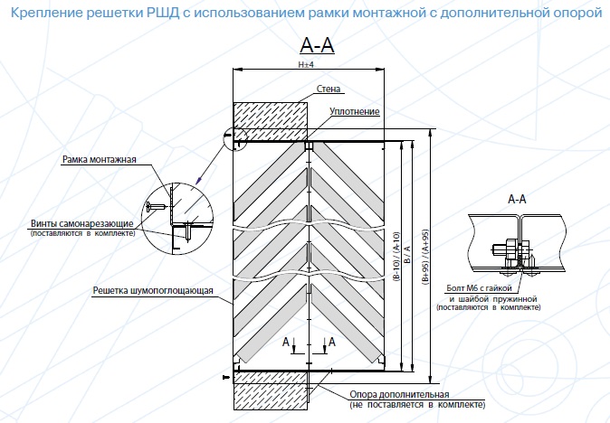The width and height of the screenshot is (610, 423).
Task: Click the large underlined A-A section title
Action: [317, 45]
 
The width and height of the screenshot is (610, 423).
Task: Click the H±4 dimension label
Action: [306, 64]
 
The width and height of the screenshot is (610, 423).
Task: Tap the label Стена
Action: [329, 89]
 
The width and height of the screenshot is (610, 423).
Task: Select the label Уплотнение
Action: [355, 112]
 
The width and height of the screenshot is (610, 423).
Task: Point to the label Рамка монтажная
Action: [100, 160]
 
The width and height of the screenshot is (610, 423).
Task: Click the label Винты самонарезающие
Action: [82, 224]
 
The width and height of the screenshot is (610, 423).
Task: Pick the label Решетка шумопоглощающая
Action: [153, 290]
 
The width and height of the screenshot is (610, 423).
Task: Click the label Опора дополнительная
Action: [399, 395]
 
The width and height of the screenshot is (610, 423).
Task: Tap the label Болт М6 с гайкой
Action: [479, 288]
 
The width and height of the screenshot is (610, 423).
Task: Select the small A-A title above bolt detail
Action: [517, 199]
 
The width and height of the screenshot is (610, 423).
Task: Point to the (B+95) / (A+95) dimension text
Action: [426, 257]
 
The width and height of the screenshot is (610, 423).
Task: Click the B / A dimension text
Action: [407, 254]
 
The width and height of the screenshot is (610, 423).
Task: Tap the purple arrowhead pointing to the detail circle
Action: [199, 180]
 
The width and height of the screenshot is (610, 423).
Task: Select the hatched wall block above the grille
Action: [270, 121]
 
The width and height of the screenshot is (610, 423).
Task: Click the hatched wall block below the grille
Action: [271, 390]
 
